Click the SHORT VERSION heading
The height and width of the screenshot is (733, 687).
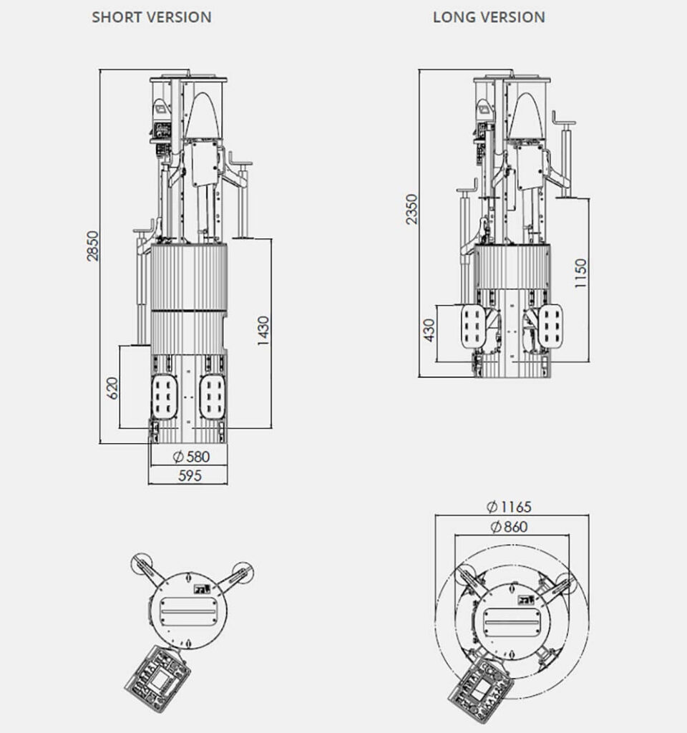152,17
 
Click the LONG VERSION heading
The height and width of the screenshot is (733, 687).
489,17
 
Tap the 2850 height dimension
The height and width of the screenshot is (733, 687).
93,246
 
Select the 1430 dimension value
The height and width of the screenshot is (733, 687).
263,331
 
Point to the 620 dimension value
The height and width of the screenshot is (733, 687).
113,388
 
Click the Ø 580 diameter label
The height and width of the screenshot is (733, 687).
191,457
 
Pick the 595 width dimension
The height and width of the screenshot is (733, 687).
190,476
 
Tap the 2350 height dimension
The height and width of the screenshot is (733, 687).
411,209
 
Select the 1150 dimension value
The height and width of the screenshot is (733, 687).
580,273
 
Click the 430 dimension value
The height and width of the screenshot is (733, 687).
429,330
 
